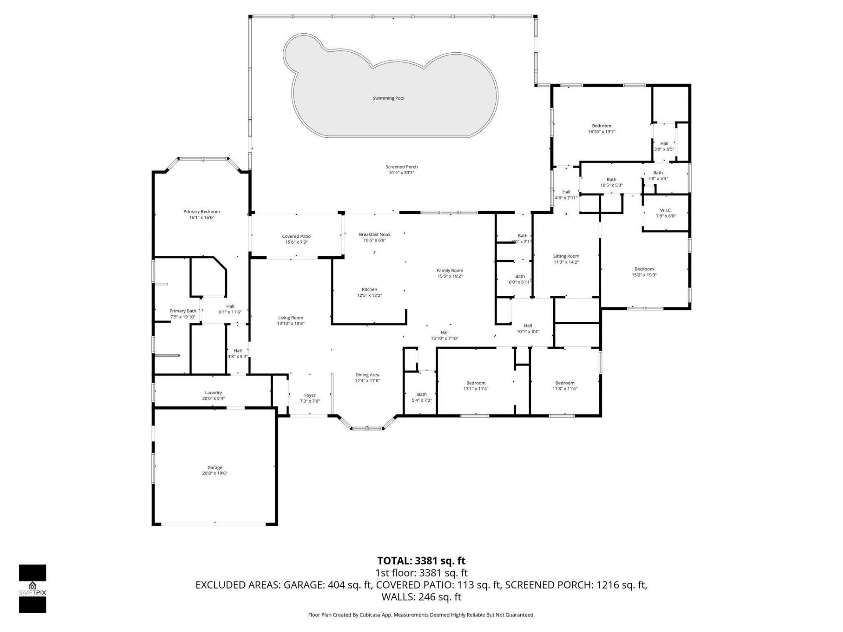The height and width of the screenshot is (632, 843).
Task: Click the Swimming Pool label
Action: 389,98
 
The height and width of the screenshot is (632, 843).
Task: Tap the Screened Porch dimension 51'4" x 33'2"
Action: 401,173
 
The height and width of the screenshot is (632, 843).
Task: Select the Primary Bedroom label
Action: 202,212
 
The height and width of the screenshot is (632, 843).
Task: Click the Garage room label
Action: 215,467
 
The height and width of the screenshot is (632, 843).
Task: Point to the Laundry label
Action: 213,393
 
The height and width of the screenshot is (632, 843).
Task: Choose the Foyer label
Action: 310,395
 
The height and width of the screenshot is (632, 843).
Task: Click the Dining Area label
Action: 367,375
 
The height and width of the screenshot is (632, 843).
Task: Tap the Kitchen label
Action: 369,289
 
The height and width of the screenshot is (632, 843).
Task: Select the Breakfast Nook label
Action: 375,234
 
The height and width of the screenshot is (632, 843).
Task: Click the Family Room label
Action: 450,270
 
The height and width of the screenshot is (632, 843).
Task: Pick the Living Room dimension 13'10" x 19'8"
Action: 291,323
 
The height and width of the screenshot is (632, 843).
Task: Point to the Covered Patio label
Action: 296,236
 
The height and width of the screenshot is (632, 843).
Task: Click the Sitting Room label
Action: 566,256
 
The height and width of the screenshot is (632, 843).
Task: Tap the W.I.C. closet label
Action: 666,210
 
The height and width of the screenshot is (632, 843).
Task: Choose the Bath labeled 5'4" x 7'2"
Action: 421,397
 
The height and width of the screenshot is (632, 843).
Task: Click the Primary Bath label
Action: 183,311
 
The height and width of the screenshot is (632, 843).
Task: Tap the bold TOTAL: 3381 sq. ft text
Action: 421,561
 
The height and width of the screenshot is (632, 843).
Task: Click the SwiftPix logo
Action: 32,589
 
